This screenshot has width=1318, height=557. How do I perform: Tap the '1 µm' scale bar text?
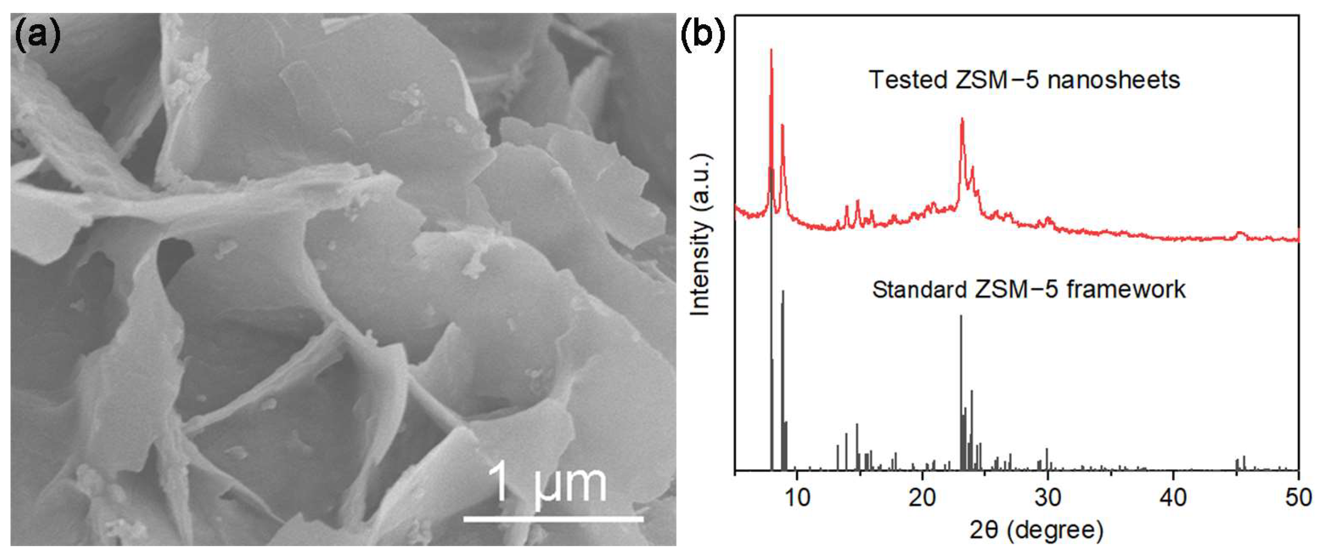547,483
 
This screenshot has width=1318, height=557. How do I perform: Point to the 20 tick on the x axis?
923,498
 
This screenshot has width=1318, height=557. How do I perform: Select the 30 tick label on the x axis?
1048,498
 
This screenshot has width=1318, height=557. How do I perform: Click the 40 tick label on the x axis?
1173,498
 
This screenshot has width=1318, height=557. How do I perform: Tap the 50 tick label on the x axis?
1298,498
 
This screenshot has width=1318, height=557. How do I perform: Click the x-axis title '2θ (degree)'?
1036,531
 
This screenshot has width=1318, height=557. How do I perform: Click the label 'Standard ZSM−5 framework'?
1028,290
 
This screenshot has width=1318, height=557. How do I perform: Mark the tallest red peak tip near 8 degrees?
771,50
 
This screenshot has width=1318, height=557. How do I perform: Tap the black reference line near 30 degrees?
1047,458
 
